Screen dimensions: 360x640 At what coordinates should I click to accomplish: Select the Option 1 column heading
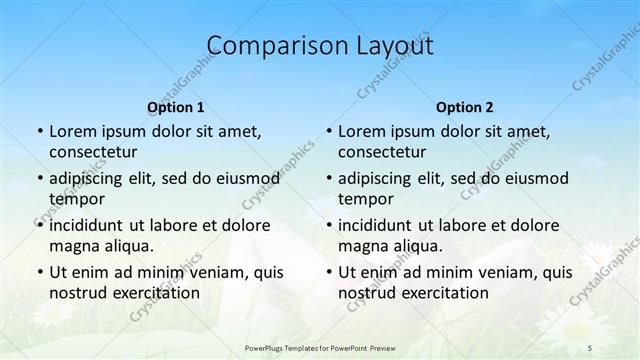pos(176,106)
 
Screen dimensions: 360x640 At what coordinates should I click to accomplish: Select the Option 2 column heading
pos(465,106)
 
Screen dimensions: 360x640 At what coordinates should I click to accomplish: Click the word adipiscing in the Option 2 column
pos(379,178)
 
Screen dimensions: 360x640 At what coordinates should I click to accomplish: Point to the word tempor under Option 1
pos(74,198)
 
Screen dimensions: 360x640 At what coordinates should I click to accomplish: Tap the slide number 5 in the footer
pos(590,347)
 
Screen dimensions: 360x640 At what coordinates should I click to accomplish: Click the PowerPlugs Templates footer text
pos(320,347)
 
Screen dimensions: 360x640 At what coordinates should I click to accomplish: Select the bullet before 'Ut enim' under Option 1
pos(39,272)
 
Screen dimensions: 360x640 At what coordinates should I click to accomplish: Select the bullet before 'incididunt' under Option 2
pos(328,224)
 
